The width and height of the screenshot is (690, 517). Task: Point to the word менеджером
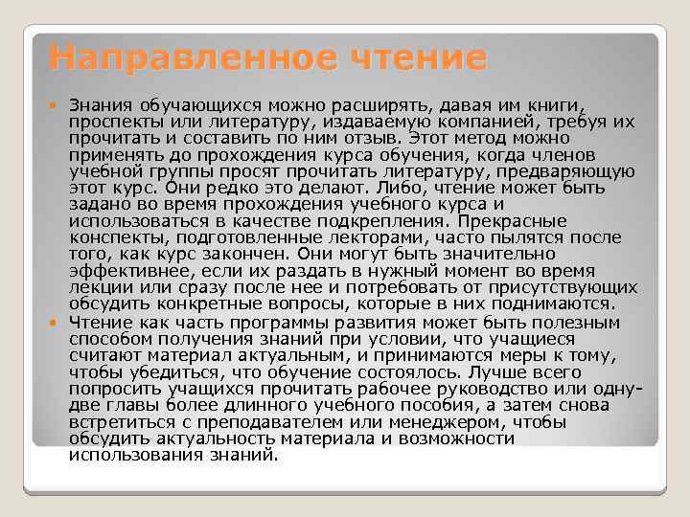pos(455,422)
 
